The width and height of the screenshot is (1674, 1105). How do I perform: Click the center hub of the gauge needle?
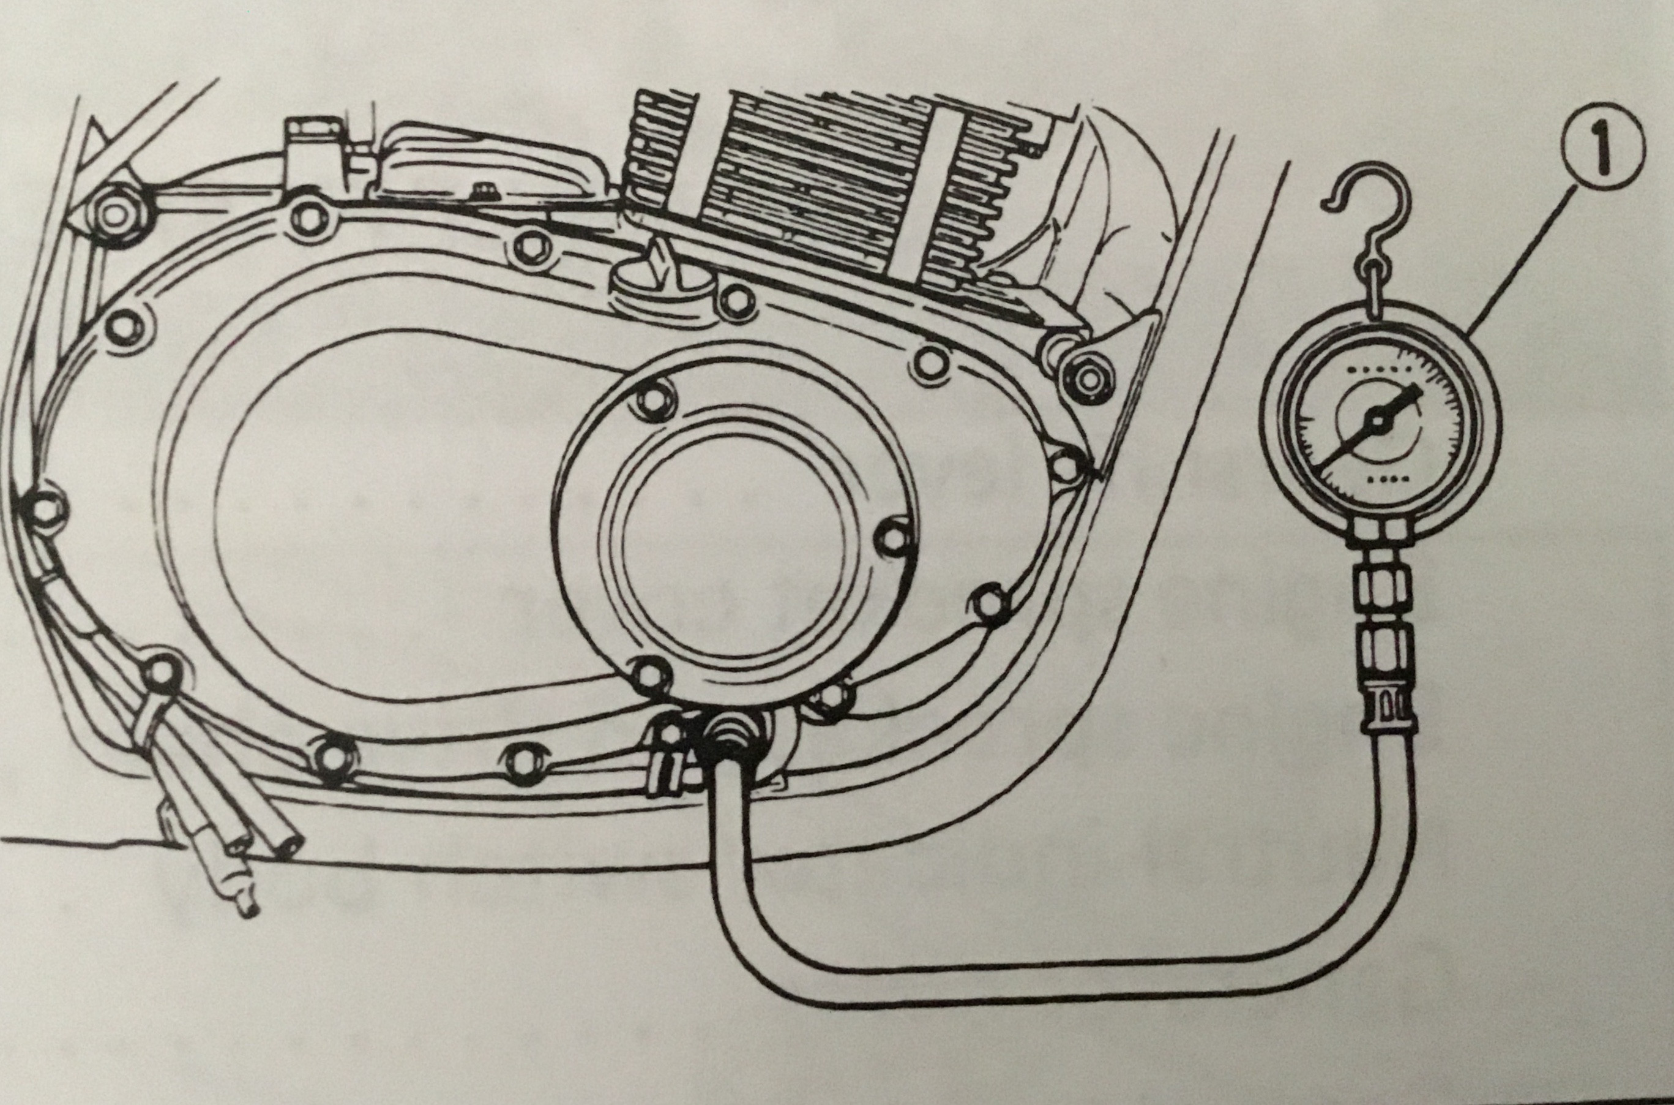tap(1375, 421)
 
